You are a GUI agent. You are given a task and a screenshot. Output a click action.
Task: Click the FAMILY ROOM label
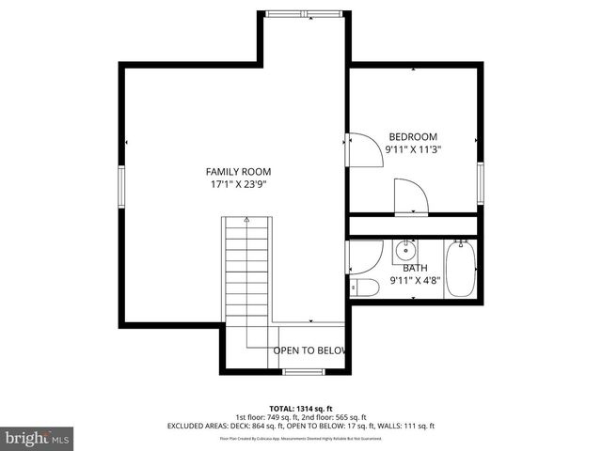tap(239, 171)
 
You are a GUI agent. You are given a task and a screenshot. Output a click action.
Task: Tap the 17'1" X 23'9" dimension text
tap(239, 185)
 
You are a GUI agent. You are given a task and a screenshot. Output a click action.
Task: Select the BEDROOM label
tap(412, 136)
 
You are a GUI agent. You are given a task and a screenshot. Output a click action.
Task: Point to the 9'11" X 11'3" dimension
tap(413, 149)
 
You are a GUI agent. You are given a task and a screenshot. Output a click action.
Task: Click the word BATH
tap(415, 268)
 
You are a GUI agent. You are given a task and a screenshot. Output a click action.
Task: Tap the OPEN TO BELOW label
tap(310, 350)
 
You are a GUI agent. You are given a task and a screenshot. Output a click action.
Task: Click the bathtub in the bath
tap(459, 269)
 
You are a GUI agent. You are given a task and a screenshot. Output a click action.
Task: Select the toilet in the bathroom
tap(359, 286)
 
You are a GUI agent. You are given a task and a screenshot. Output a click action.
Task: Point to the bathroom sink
tap(405, 250)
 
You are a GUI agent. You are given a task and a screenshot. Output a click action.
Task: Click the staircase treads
tap(247, 272)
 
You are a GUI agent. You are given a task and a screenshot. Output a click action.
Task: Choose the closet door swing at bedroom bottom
tap(410, 196)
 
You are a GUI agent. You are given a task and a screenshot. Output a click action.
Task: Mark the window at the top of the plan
tap(305, 13)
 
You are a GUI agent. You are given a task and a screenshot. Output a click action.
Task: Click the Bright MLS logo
tap(38, 438)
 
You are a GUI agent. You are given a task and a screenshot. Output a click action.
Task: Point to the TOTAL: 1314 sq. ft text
tap(301, 409)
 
